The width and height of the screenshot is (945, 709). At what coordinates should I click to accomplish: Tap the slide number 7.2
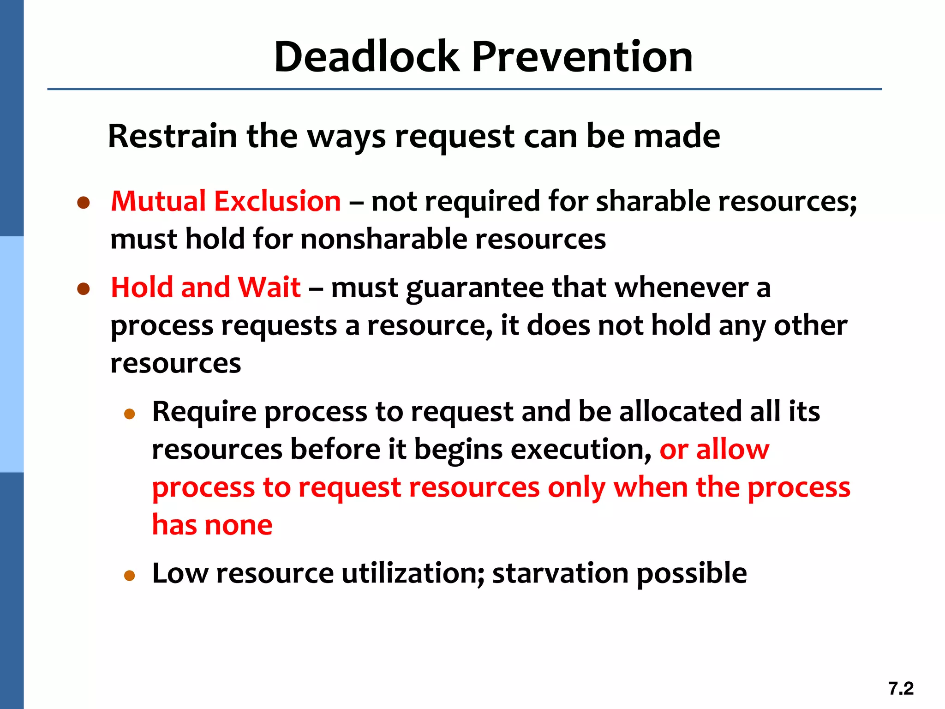(x=901, y=688)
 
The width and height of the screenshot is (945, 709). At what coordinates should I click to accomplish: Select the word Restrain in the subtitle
(x=173, y=136)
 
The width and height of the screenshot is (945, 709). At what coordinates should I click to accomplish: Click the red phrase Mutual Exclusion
(x=226, y=201)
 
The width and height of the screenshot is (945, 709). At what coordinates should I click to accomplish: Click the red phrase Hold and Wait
(x=206, y=287)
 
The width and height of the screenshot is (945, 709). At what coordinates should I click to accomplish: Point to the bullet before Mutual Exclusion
(x=84, y=203)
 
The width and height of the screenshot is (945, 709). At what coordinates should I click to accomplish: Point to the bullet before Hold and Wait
(x=84, y=289)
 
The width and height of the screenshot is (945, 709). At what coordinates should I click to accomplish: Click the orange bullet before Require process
(x=130, y=414)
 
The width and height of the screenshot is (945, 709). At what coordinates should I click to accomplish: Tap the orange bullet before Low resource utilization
(x=130, y=575)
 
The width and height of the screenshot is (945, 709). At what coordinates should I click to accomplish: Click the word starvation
(x=560, y=573)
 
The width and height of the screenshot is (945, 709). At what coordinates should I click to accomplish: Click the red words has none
(x=212, y=525)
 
